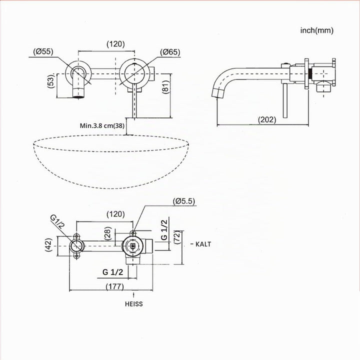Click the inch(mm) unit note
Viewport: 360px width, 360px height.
point(317,30)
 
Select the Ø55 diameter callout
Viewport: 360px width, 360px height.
point(43,51)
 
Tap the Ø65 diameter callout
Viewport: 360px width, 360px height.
point(170,52)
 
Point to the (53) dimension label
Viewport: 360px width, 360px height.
point(51,81)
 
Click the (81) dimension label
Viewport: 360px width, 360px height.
point(166,87)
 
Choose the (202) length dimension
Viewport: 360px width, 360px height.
point(267,119)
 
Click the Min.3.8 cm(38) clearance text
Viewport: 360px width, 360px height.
point(102,125)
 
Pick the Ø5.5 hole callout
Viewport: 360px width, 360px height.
point(184,201)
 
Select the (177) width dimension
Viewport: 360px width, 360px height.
point(115,286)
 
